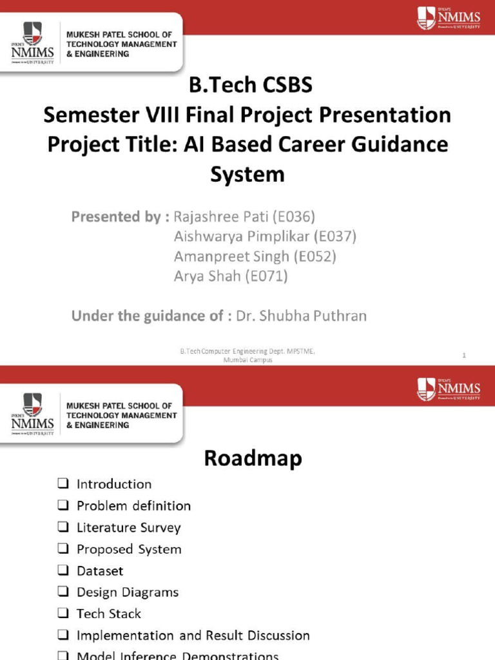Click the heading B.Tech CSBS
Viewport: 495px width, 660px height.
coord(247,86)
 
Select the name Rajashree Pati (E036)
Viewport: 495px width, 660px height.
coord(244,217)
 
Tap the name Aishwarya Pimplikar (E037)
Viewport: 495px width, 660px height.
coord(265,237)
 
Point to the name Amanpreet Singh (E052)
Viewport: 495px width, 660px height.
coord(255,257)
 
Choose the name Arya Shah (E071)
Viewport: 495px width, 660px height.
coord(230,277)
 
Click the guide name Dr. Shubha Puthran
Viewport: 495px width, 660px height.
coord(301,316)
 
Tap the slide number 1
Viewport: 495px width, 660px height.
coord(464,355)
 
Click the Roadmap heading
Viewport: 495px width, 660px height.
coord(253,458)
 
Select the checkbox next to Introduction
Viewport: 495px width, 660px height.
coord(63,484)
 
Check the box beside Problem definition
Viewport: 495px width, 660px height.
coord(63,506)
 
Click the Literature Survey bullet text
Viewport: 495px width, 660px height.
coord(128,528)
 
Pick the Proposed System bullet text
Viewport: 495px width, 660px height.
coord(129,549)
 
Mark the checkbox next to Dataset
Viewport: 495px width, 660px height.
coord(63,571)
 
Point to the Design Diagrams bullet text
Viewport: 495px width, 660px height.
coord(128,592)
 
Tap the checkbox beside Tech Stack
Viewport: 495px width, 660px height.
coord(63,614)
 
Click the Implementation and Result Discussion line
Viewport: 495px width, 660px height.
coord(193,636)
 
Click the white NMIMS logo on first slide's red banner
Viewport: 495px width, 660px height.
coord(449,18)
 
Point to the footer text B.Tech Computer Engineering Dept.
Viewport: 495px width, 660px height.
coord(247,351)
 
